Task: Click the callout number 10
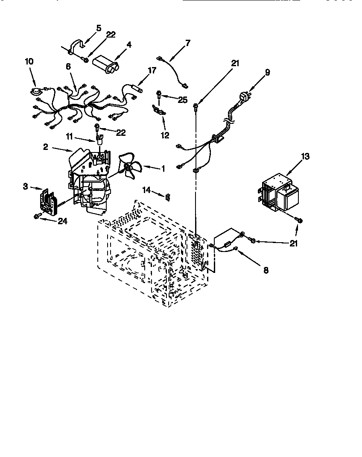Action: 29,62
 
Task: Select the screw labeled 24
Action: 37,217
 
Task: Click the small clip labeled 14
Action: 168,196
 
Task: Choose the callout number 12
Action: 165,135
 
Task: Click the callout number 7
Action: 188,43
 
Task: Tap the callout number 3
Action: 26,187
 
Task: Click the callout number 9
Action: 267,72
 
